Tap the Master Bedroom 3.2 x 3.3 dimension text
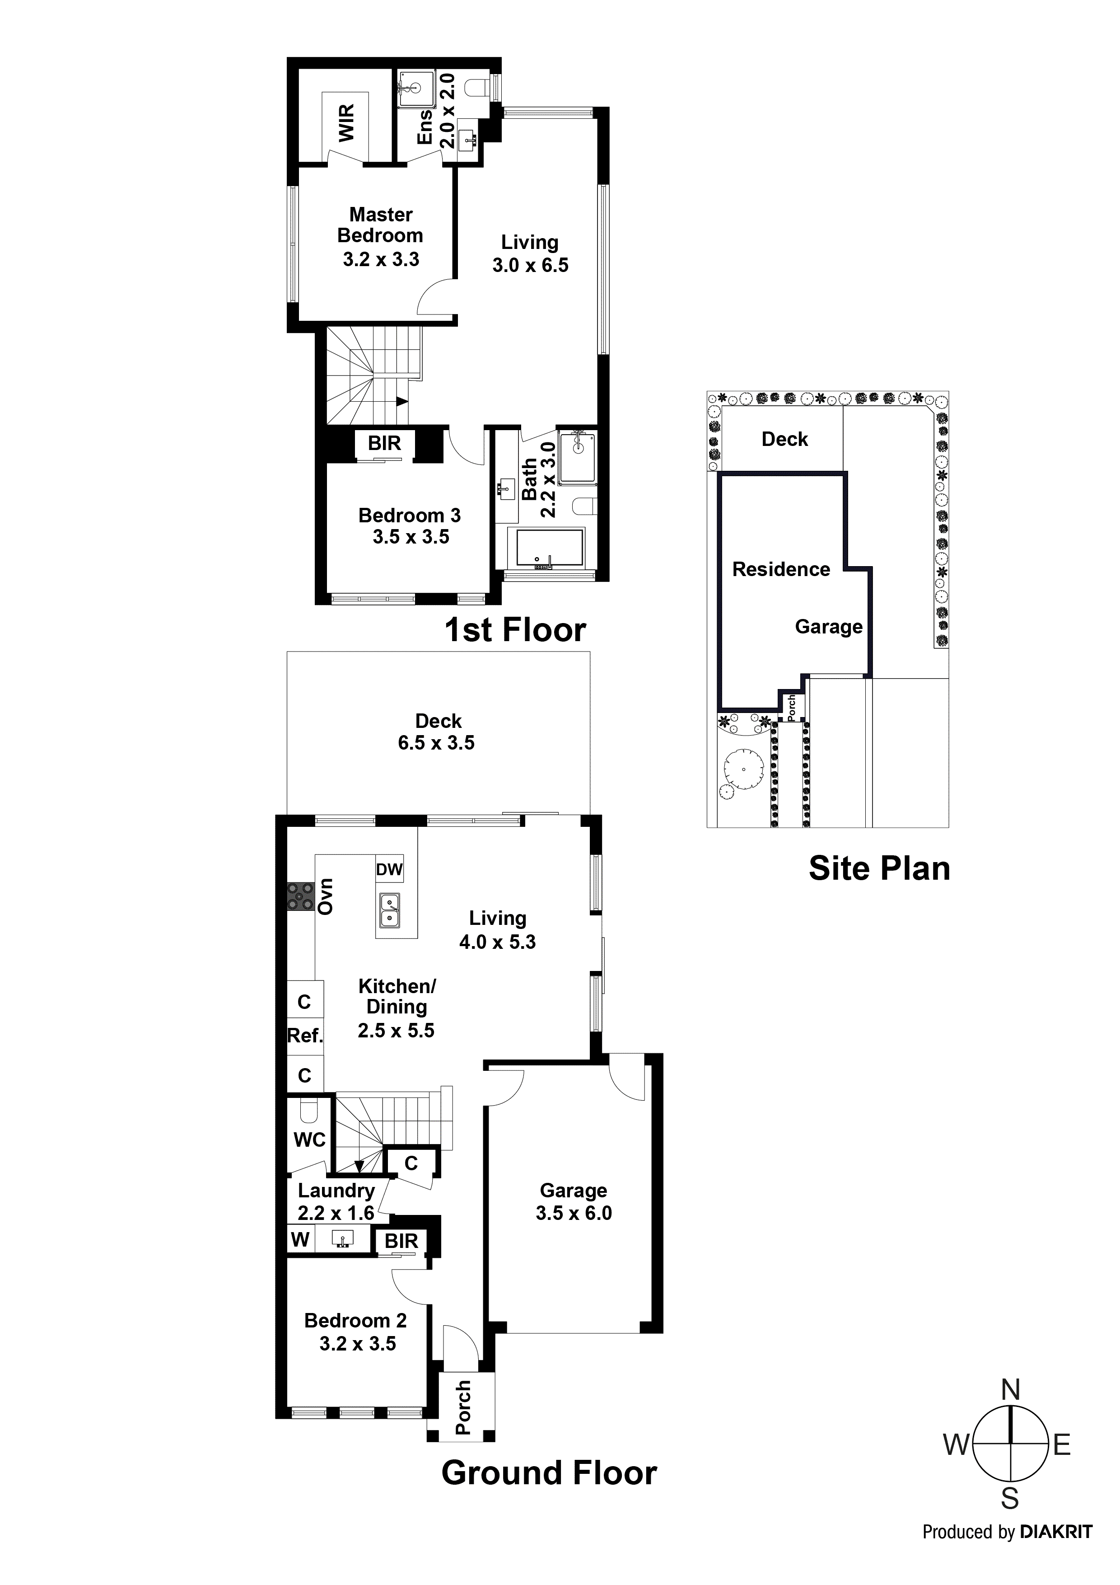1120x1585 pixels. pos(381,259)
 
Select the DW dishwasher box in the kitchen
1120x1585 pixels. pos(389,869)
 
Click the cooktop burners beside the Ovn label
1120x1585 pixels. pos(301,897)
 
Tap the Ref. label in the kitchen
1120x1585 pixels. pos(305,1036)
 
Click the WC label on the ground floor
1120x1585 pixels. pos(309,1140)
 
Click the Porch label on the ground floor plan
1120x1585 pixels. pos(463,1407)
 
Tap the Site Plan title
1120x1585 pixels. pos(879,868)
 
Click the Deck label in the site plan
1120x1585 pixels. pos(784,439)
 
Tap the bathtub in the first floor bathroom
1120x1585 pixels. pos(545,549)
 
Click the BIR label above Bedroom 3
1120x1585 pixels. pos(384,443)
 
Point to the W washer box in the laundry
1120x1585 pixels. pos(300,1239)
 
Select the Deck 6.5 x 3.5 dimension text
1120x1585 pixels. pos(436,743)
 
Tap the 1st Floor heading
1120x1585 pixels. pos(515,629)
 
